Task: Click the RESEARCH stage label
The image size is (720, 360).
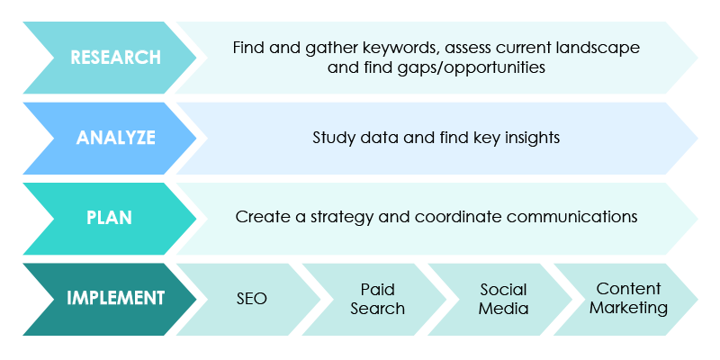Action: coord(115,57)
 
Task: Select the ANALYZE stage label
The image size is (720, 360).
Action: coord(115,138)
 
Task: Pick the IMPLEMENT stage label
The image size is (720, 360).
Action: coord(115,298)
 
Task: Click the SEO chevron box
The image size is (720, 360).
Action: coord(251,298)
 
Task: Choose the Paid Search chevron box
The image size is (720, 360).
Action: coord(377,299)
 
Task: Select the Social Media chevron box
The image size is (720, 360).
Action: coord(503,299)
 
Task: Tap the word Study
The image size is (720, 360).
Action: coord(334,138)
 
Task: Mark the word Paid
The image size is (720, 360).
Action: coord(377,290)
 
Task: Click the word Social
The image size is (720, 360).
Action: coord(503,290)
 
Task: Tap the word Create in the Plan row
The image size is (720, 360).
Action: coord(259,218)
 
